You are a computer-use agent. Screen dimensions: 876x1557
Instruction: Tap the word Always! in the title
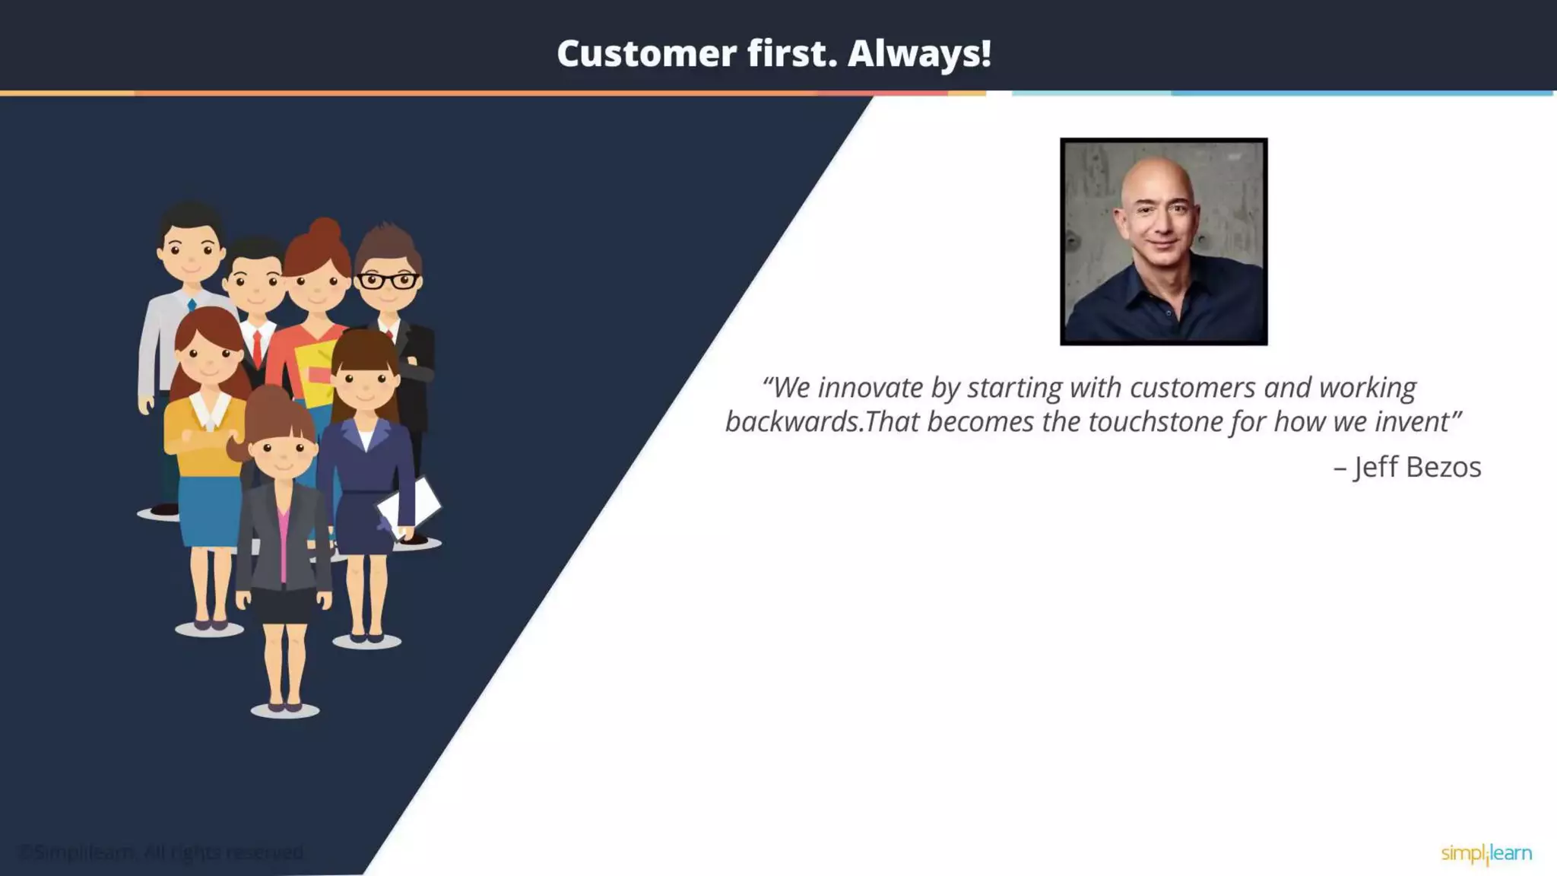point(919,53)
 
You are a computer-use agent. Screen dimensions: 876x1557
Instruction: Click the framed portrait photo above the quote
point(1163,242)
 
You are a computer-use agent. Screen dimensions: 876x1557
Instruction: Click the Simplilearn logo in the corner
point(1486,854)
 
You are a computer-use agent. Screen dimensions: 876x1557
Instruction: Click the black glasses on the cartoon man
point(387,281)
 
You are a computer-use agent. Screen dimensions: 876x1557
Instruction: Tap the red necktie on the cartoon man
point(257,348)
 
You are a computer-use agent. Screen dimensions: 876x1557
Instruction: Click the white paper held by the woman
point(411,505)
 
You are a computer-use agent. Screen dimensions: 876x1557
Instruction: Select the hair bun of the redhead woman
point(325,230)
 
